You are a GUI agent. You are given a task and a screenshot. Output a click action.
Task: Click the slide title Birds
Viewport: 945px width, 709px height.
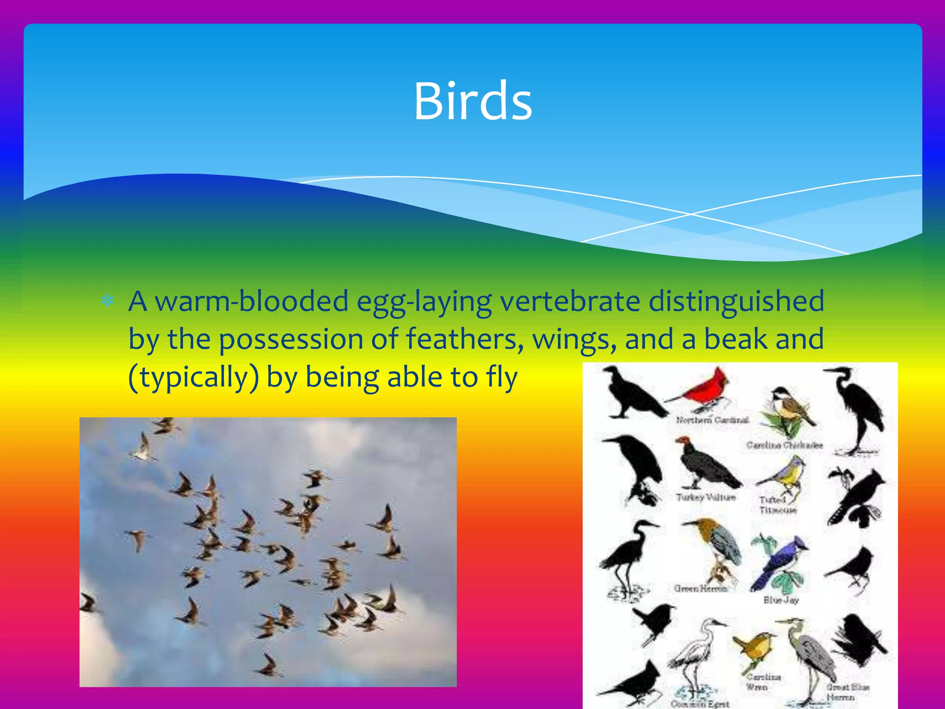tap(472, 101)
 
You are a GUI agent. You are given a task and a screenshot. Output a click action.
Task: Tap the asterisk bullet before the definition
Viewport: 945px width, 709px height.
tap(108, 301)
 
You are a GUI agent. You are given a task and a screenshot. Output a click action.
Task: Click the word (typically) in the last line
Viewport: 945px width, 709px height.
tap(193, 378)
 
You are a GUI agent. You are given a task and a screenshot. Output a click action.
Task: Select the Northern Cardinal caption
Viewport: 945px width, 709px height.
tap(712, 420)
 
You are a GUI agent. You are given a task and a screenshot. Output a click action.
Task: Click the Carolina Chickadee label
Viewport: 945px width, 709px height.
tap(784, 445)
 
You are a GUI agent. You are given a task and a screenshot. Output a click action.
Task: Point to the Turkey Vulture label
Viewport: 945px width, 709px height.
tap(706, 497)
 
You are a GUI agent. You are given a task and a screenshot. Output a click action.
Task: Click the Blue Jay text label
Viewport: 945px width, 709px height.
tap(781, 600)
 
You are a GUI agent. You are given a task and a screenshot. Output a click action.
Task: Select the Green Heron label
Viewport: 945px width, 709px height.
tap(700, 588)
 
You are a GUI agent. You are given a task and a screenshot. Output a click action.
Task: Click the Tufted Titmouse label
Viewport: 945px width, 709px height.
tap(778, 505)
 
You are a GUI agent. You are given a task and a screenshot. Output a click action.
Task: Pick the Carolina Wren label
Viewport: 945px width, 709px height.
tap(764, 682)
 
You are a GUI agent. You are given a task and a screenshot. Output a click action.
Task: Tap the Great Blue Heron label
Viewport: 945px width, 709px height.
tap(848, 691)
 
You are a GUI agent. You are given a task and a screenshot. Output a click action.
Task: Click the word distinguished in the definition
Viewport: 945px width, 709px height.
tap(736, 301)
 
